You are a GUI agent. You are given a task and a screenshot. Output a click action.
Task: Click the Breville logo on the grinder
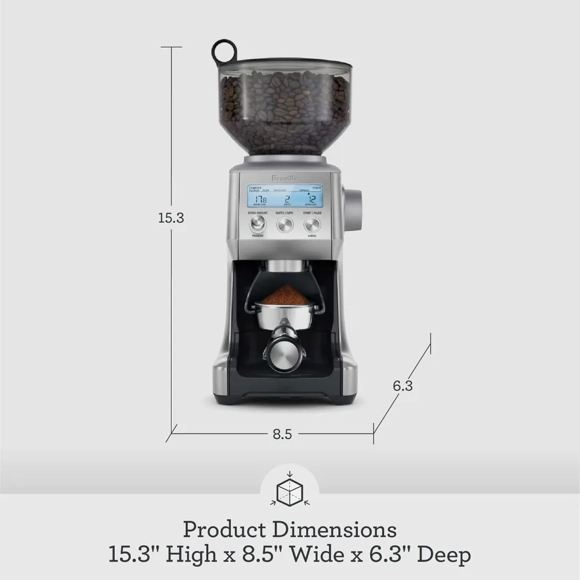click(285, 178)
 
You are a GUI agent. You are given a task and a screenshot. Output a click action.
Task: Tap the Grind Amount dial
click(258, 224)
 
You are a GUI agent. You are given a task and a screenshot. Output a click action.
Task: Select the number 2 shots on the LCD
click(286, 199)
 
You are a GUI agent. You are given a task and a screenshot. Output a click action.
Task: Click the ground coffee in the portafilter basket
click(285, 295)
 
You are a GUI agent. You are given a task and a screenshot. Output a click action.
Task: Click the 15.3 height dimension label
click(171, 218)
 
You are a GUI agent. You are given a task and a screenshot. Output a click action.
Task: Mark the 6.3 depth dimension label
click(403, 386)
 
